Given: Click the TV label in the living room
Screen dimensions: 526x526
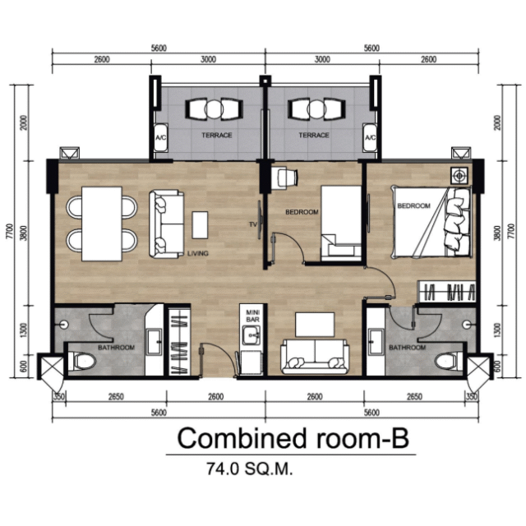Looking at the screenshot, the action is [x=253, y=224].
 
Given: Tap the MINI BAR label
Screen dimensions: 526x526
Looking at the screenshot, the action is [x=253, y=316].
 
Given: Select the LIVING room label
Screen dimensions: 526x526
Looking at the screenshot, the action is [x=197, y=253].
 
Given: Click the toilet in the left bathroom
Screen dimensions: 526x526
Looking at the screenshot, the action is [x=82, y=362].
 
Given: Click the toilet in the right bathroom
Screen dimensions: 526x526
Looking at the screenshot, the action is [x=449, y=362].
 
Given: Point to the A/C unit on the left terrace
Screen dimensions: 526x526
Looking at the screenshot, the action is [x=160, y=138].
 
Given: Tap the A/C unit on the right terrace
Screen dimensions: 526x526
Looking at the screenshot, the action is [x=370, y=138].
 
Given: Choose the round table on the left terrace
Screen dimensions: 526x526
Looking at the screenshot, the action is [x=213, y=109].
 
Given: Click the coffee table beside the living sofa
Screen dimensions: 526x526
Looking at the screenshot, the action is [x=200, y=224].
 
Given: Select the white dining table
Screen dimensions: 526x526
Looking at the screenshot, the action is [x=102, y=224].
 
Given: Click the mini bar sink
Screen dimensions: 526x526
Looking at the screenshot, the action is [x=251, y=335].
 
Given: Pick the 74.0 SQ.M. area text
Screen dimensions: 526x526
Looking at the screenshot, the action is [x=250, y=468].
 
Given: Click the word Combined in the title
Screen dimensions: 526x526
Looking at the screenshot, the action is [x=242, y=438].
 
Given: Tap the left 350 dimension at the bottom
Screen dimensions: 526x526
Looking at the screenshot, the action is [x=58, y=397].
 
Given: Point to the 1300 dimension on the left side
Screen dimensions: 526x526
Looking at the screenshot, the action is [x=23, y=330].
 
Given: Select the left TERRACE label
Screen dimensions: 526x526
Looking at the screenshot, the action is [x=217, y=135].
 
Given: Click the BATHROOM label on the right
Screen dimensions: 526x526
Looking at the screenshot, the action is [x=408, y=348].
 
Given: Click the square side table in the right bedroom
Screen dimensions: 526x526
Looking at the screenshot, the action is [x=459, y=175].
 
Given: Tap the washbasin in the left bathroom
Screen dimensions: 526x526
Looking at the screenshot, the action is [x=155, y=342].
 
